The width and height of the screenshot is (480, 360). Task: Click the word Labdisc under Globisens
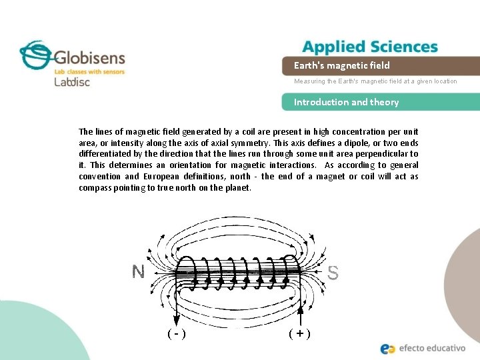tap(71, 82)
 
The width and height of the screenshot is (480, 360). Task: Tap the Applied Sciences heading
tap(370, 47)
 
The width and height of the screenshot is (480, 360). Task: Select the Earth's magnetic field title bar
tap(387, 65)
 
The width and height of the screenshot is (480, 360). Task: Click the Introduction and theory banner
tap(387, 102)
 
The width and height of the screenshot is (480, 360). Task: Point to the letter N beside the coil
tap(138, 271)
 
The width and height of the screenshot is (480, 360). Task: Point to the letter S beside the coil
tap(333, 273)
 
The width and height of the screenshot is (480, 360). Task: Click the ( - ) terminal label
tap(176, 333)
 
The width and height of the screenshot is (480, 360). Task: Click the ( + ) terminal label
tap(300, 333)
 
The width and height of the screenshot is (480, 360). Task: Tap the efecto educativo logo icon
tap(387, 348)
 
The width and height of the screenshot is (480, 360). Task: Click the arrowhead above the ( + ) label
tap(301, 311)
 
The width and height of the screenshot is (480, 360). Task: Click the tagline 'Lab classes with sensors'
tap(89, 71)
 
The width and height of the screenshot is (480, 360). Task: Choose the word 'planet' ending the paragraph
tap(237, 188)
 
